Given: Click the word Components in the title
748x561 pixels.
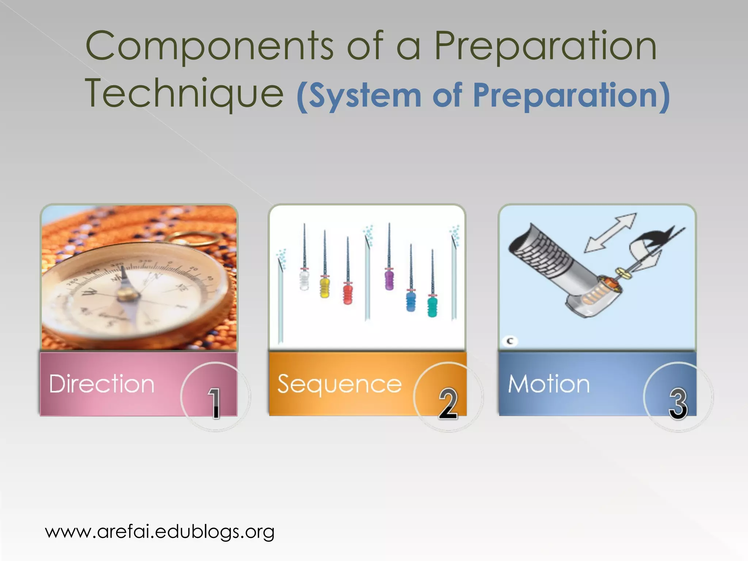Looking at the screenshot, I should tap(209, 47).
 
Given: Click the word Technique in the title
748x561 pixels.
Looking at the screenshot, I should tap(184, 94).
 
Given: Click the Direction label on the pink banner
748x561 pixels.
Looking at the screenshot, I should tap(102, 384).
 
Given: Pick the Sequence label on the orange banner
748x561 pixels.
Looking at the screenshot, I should tap(339, 385).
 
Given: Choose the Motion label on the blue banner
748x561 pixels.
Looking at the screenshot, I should tap(549, 384).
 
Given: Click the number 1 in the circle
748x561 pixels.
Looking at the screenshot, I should tap(215, 403).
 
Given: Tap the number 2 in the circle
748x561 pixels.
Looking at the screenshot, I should tap(448, 403).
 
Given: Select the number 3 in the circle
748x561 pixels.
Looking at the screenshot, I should tap(678, 403).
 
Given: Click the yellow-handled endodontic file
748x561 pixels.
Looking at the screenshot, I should tap(324, 287).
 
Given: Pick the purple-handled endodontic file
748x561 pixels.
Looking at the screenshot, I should tap(389, 279).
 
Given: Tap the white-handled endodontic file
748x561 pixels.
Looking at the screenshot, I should tap(304, 279).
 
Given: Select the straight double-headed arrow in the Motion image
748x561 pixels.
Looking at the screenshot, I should tap(610, 232).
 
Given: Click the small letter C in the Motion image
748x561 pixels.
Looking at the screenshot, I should tap(510, 341).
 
